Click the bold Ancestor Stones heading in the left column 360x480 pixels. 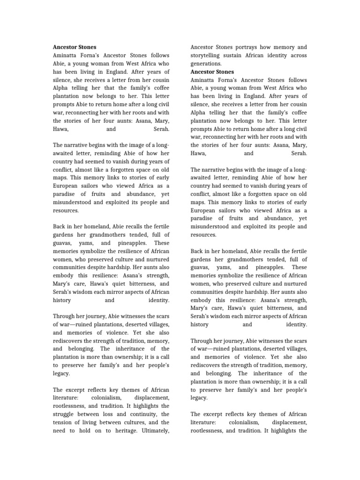click(75, 47)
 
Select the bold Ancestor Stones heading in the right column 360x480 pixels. click(212, 72)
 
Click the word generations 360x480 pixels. click(205, 64)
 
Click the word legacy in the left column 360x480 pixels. click(61, 374)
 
